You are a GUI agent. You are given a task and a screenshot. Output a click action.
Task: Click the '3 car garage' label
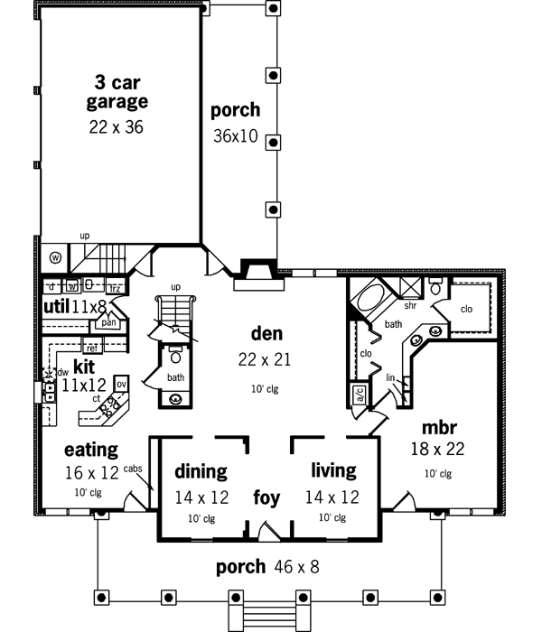pos(117,89)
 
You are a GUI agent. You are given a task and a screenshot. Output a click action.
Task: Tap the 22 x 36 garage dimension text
pos(117,127)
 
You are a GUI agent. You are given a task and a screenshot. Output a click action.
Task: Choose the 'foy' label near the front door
pos(266,497)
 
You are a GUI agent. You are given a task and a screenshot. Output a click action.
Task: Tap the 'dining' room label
pos(201,471)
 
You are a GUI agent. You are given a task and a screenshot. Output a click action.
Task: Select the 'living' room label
pos(333,471)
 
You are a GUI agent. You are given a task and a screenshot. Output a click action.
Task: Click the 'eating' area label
pos(91,449)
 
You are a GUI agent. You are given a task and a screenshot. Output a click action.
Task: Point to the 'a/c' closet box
pos(357,395)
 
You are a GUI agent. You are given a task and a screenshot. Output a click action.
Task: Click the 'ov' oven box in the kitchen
pos(122,385)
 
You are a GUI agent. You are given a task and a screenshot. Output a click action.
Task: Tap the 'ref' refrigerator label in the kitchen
pos(91,346)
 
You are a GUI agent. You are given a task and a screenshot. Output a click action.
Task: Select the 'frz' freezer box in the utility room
pos(115,288)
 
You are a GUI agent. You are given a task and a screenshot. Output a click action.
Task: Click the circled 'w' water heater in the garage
pos(54,256)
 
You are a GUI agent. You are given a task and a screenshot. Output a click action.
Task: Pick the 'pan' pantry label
pos(110,321)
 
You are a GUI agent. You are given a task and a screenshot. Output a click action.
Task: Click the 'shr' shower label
pos(410,306)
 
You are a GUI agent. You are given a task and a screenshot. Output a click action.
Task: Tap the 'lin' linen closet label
pos(390,377)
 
